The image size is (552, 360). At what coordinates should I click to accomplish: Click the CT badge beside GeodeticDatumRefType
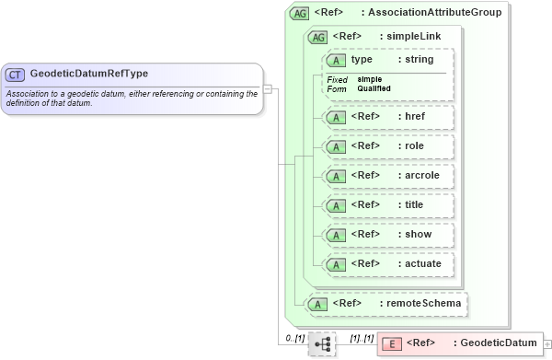point(15,74)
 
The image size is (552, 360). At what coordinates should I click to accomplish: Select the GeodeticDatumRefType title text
point(88,74)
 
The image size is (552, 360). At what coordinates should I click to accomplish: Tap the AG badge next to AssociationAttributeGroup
point(299,14)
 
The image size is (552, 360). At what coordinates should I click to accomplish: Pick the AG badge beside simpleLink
point(318,37)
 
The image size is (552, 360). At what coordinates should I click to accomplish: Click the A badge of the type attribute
point(337,60)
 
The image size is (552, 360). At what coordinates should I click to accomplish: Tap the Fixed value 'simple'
point(370,79)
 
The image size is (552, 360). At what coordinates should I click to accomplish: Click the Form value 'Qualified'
point(374,88)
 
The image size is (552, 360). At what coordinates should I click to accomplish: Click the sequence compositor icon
point(322,343)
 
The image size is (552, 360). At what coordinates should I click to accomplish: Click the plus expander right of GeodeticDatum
point(548,343)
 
